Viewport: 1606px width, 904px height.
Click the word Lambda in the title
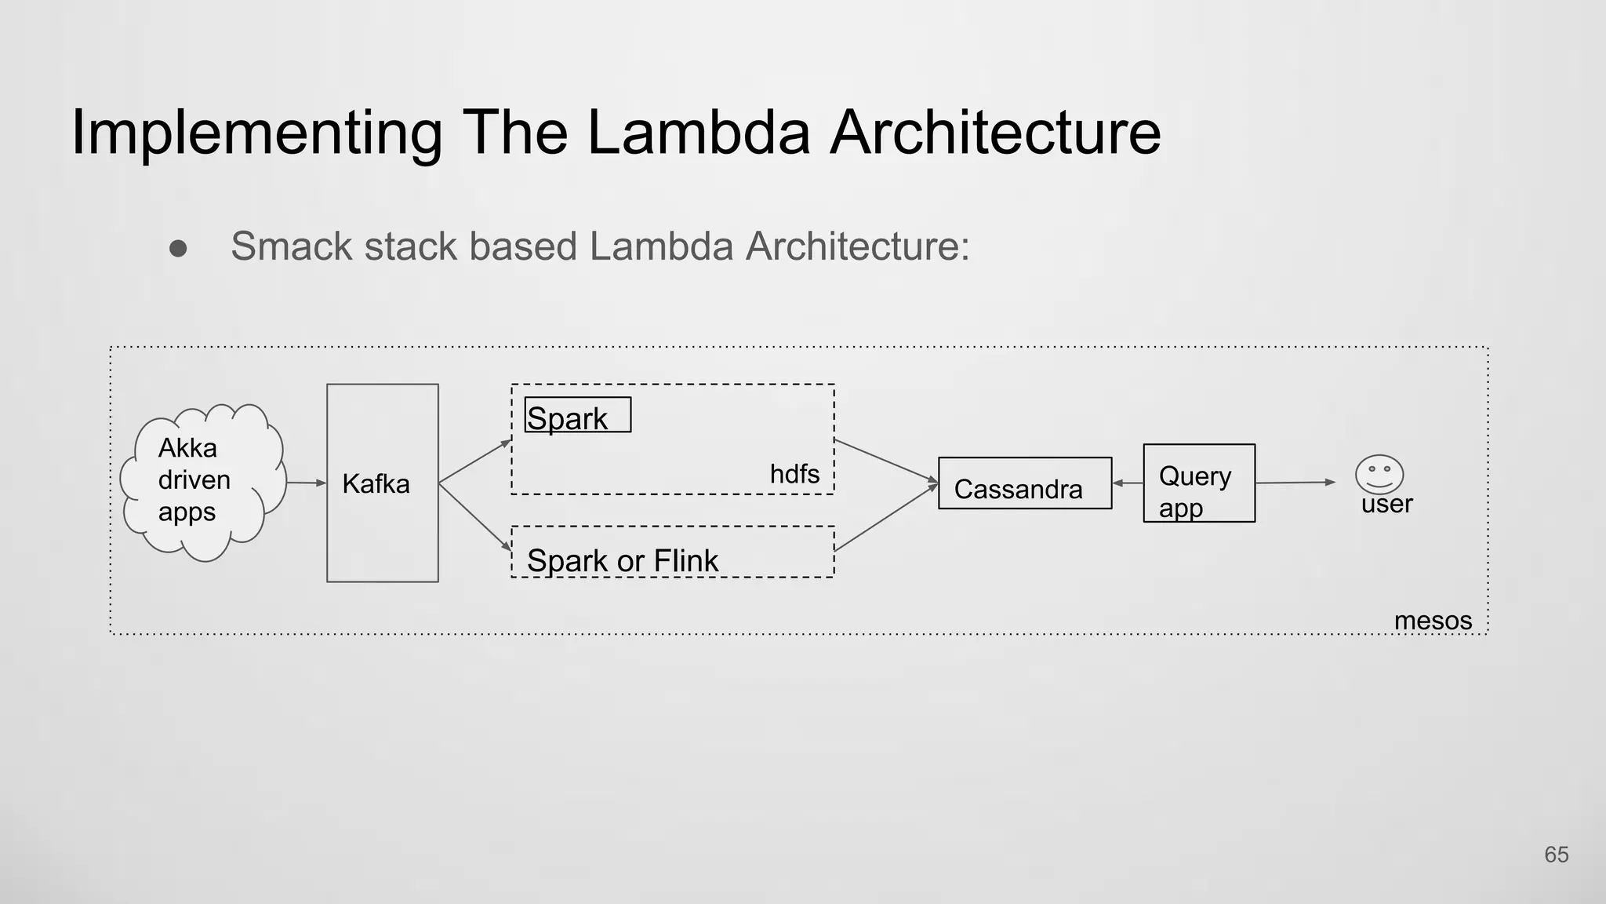tap(698, 132)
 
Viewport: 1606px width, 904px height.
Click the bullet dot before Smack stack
tap(178, 249)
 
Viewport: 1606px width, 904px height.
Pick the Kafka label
tap(376, 483)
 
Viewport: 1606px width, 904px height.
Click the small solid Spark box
tap(577, 416)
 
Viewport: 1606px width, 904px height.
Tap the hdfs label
tap(794, 474)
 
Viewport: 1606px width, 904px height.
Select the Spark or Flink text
tap(622, 560)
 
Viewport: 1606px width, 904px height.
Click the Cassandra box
tap(1024, 483)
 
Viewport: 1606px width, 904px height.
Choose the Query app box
tap(1198, 483)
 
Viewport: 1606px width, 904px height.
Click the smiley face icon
tap(1379, 474)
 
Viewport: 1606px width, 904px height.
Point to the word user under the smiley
tap(1386, 504)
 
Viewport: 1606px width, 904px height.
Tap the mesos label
tap(1432, 621)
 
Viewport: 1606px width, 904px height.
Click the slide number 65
tap(1556, 855)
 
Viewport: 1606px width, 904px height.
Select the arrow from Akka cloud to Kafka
tap(306, 483)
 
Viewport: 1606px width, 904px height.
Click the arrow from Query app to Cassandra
tap(1128, 483)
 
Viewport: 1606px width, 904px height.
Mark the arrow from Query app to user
tap(1294, 483)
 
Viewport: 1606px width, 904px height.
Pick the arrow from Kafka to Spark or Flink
tap(474, 516)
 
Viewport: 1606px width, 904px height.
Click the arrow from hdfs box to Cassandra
tap(886, 460)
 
